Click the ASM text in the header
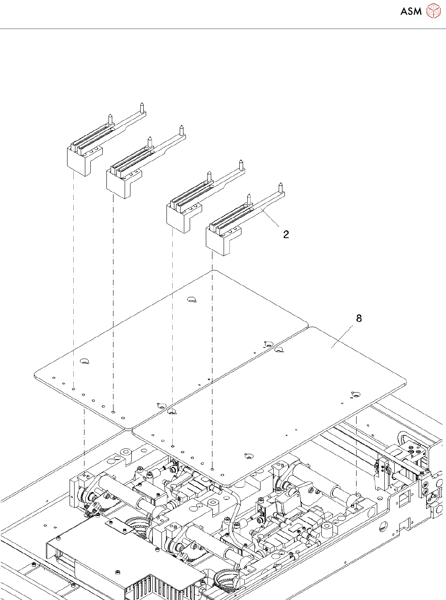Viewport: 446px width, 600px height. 411,11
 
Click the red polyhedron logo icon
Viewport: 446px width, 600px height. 434,11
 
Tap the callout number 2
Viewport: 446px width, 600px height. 286,234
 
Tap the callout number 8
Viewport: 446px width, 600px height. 359,318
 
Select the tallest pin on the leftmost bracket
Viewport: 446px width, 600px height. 142,108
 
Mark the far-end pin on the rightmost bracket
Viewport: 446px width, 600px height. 280,188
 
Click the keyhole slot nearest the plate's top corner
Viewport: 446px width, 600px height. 192,299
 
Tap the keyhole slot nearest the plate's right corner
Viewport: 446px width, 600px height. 355,395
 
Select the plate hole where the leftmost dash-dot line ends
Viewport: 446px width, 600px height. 73,389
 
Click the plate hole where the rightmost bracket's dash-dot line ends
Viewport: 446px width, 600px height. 212,469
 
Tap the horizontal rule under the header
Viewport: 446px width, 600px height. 223,29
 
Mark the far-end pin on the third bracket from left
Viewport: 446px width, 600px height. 241,165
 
